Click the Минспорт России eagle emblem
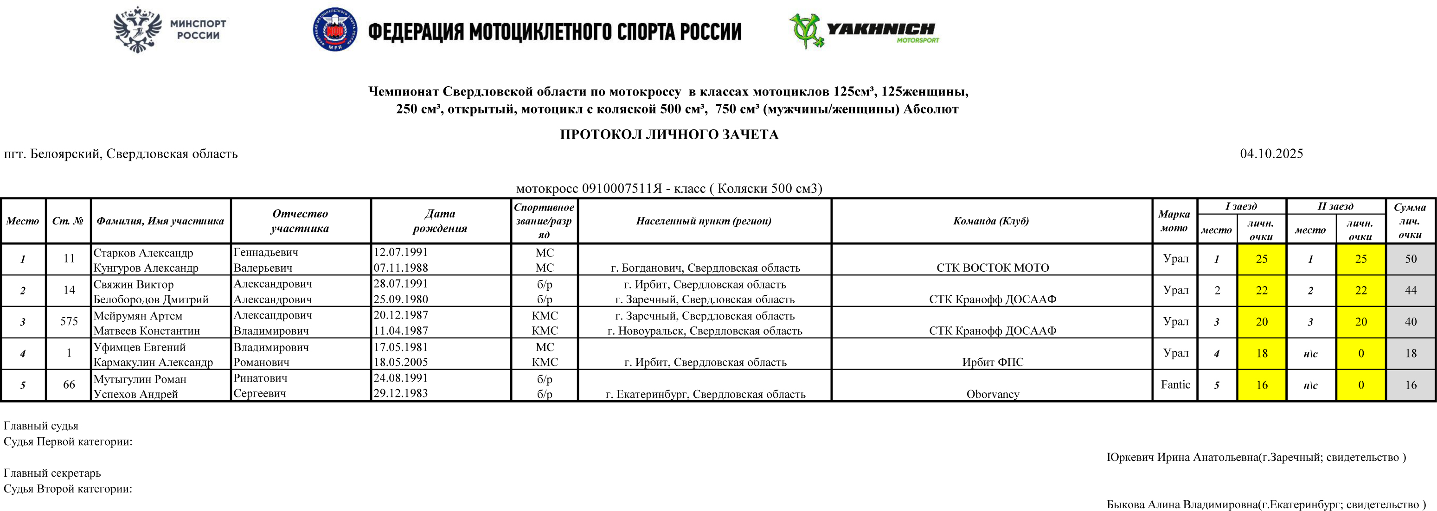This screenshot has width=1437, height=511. point(137,29)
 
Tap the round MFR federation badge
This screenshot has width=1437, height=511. point(335,30)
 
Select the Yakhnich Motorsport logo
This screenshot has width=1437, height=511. point(864,31)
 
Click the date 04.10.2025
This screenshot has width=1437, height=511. point(1271,154)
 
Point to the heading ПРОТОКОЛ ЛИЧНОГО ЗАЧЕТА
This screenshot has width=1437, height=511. point(669,134)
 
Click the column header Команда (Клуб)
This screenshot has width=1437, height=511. point(991,221)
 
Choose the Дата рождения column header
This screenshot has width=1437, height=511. point(440,221)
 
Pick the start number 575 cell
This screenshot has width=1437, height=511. point(69,321)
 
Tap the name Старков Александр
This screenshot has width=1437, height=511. point(143,253)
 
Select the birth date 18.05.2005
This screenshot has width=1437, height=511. point(400,362)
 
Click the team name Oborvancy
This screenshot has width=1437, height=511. point(992,394)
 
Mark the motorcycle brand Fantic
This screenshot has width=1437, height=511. point(1175,384)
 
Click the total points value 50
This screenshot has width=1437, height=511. point(1410,259)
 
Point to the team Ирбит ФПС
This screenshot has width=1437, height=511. point(992,362)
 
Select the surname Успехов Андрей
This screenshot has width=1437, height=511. point(135,394)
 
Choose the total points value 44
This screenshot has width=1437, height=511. point(1410,290)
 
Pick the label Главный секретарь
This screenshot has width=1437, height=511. point(52,473)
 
